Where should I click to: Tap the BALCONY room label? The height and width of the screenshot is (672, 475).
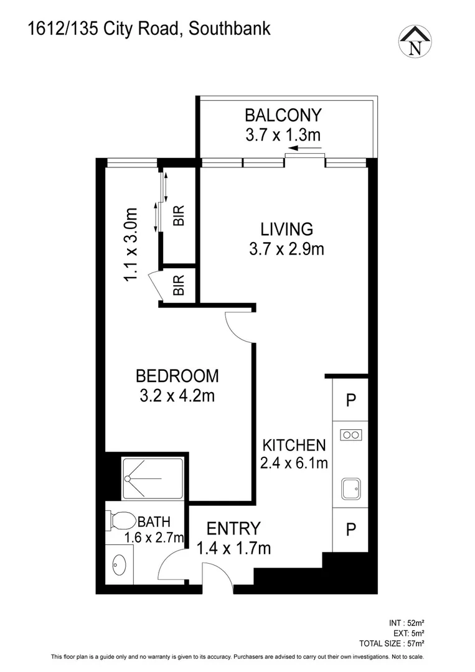[283, 115]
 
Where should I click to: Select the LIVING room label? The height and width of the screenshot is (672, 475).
[286, 228]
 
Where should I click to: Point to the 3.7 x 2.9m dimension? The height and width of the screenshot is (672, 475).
[286, 249]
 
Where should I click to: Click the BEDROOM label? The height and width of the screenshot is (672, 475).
[177, 376]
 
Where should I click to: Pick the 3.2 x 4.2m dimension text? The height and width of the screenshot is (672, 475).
[177, 396]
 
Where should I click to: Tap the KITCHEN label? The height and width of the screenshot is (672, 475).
[294, 445]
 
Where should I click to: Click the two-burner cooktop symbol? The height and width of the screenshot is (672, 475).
[350, 435]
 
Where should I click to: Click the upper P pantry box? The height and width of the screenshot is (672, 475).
[350, 400]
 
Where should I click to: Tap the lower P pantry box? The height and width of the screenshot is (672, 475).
[350, 530]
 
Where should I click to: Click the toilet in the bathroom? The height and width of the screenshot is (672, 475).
[121, 520]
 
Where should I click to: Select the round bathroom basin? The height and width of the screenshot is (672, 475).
[118, 566]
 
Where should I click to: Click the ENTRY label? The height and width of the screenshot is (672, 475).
[233, 528]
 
